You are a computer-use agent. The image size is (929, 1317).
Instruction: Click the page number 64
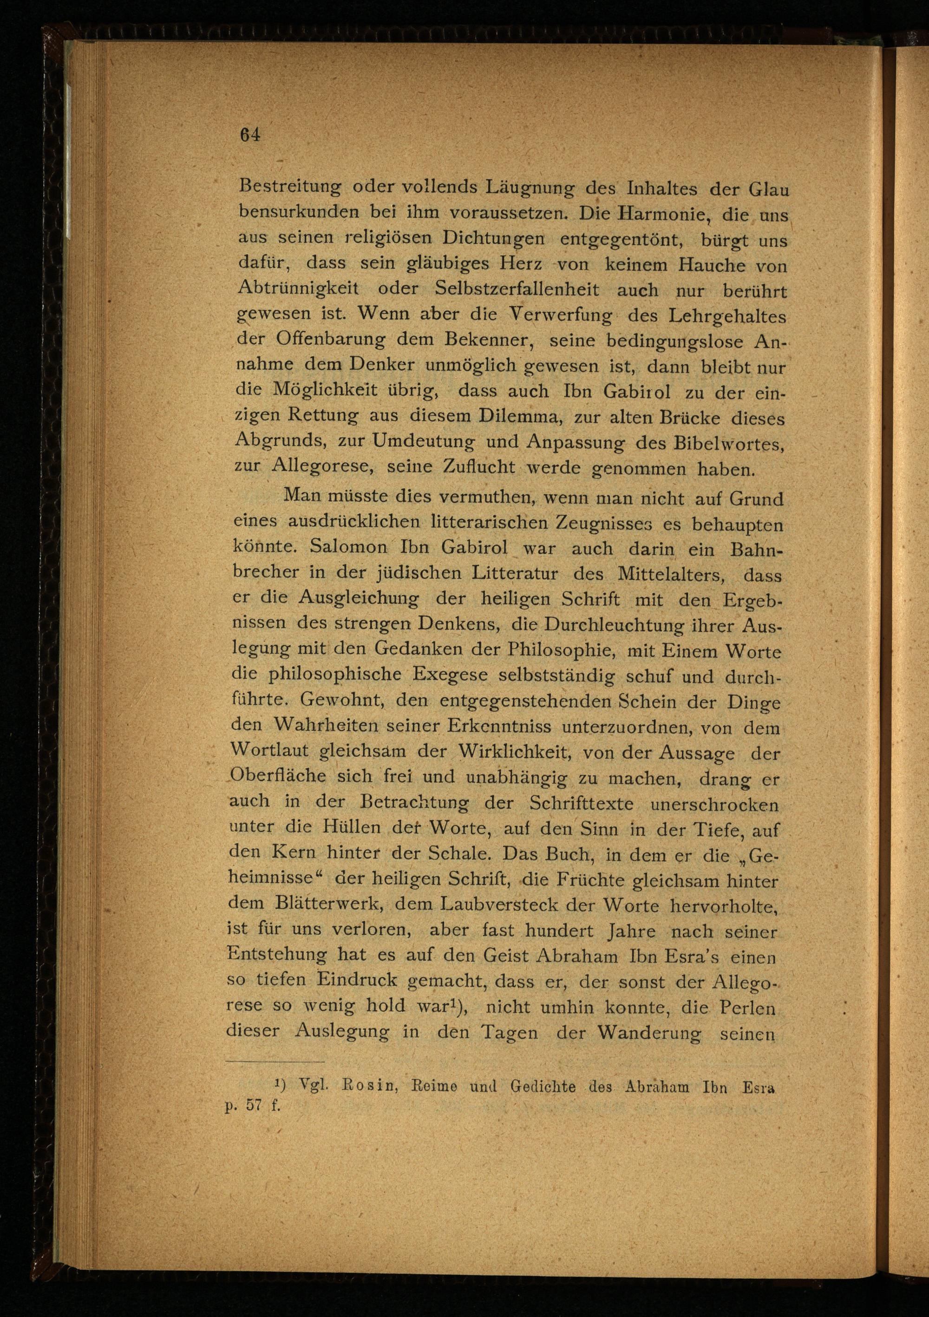[x=251, y=135]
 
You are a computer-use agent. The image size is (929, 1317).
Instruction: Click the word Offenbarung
[x=331, y=339]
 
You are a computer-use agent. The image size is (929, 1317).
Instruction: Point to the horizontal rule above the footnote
[x=275, y=1062]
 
